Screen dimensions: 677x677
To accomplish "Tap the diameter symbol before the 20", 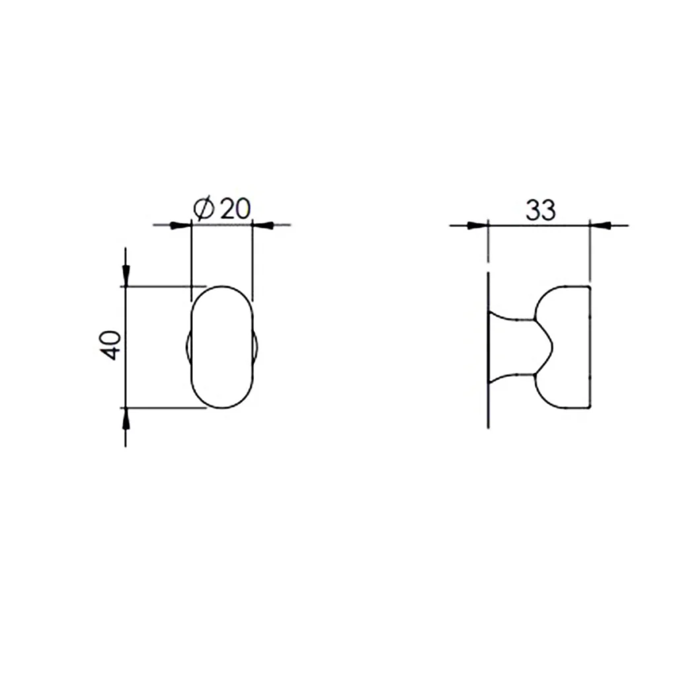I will pyautogui.click(x=204, y=209).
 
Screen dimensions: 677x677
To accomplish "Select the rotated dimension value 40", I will pyautogui.click(x=111, y=344).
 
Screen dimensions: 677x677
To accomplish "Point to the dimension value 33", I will pyautogui.click(x=540, y=210).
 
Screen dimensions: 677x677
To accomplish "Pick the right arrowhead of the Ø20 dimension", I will pyautogui.click(x=263, y=225).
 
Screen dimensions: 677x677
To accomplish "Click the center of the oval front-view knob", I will pyautogui.click(x=222, y=347).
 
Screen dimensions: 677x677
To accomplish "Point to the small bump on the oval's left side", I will pyautogui.click(x=188, y=347).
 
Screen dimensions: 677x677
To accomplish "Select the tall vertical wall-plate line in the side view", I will pyautogui.click(x=488, y=350).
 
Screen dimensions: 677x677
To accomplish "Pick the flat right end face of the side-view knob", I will pyautogui.click(x=588, y=347).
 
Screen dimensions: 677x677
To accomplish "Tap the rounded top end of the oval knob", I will pyautogui.click(x=222, y=288).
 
